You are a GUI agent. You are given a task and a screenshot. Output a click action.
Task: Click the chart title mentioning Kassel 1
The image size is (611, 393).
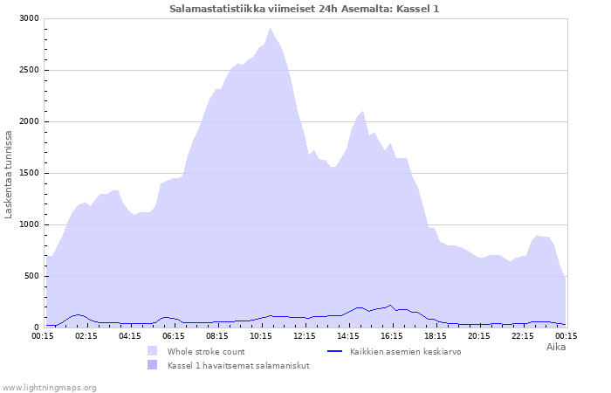pyautogui.click(x=305, y=9)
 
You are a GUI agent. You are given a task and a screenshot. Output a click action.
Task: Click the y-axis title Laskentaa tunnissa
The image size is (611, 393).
pyautogui.click(x=9, y=174)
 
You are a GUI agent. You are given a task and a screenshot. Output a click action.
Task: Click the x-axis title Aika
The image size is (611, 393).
pyautogui.click(x=555, y=347)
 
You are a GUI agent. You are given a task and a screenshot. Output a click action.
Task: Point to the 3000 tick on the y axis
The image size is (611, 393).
pyautogui.click(x=29, y=18)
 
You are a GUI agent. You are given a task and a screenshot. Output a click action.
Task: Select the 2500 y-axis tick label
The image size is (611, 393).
pyautogui.click(x=29, y=70)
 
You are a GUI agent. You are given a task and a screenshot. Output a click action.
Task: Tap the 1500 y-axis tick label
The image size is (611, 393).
pyautogui.click(x=29, y=173)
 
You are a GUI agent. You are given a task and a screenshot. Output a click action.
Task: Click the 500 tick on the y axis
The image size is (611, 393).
pyautogui.click(x=31, y=276)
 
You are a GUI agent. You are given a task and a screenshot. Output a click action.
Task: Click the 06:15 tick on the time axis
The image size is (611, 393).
pyautogui.click(x=174, y=335)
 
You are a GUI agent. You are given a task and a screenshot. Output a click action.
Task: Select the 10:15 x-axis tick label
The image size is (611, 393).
pyautogui.click(x=261, y=335)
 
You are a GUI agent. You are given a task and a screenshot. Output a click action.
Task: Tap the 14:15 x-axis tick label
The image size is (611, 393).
pyautogui.click(x=348, y=335)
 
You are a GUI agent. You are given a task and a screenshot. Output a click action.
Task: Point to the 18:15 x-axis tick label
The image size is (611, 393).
pyautogui.click(x=436, y=335)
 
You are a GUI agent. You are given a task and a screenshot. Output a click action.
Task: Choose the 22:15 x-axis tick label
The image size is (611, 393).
pyautogui.click(x=523, y=335)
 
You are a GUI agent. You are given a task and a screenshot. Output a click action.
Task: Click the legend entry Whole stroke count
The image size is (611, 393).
pyautogui.click(x=206, y=351)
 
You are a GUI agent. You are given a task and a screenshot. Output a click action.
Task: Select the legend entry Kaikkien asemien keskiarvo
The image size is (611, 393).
pyautogui.click(x=405, y=351)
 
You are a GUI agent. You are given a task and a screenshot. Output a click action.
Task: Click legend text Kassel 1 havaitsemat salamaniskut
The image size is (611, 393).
pyautogui.click(x=238, y=365)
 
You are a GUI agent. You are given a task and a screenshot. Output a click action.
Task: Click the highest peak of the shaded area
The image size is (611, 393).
pyautogui.click(x=271, y=28)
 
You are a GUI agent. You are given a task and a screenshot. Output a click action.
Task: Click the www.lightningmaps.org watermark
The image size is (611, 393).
pyautogui.click(x=49, y=387)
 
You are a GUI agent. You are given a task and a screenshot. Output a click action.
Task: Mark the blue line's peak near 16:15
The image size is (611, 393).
pyautogui.click(x=390, y=306)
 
